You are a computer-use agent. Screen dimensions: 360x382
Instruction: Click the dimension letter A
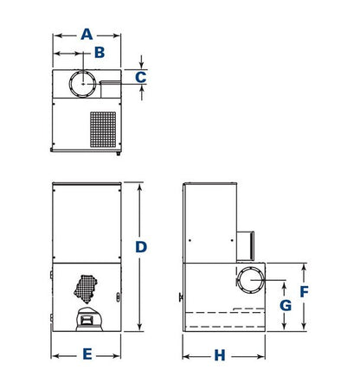87,35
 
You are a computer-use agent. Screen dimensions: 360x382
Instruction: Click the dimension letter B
100,53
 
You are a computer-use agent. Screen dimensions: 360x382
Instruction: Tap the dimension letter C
141,77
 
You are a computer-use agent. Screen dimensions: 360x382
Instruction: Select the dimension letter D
141,247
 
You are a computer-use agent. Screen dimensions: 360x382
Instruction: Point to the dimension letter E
87,354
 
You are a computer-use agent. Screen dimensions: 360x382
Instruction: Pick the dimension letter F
304,292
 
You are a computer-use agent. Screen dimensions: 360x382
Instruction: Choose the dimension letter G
286,305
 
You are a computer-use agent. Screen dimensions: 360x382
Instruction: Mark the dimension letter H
220,355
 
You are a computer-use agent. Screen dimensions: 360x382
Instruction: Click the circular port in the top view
82,84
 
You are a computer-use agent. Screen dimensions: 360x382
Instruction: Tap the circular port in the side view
250,280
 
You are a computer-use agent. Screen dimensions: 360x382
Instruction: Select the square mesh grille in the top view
103,130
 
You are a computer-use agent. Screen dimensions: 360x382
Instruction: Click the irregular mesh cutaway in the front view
86,289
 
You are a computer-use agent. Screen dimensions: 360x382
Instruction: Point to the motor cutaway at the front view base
89,319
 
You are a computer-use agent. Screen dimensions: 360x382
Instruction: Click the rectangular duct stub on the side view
246,245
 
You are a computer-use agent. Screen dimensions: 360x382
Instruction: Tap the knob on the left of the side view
181,297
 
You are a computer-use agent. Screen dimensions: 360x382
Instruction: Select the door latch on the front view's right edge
118,297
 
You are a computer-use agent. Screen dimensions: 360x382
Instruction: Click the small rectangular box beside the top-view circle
110,89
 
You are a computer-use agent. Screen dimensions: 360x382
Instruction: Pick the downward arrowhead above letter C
141,66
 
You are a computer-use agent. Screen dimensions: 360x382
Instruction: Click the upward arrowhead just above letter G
284,286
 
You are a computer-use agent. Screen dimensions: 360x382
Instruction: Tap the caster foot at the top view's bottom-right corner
119,153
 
